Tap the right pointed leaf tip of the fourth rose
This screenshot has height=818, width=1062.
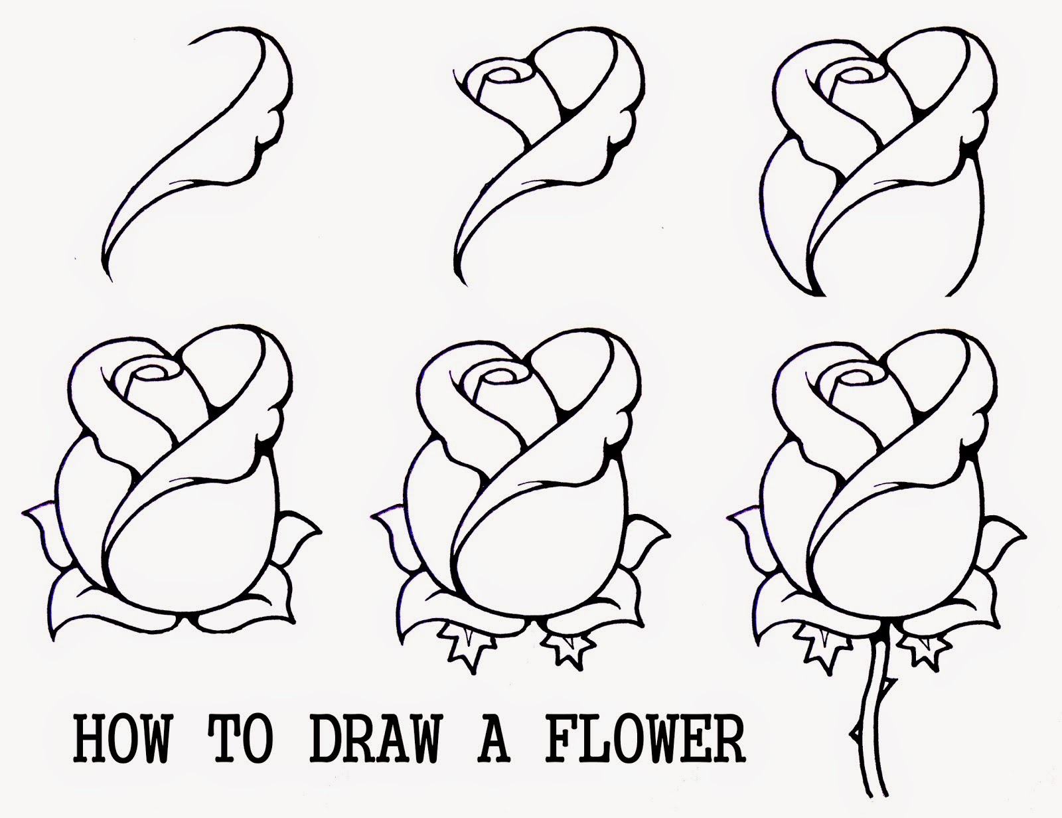pyautogui.click(x=320, y=531)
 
